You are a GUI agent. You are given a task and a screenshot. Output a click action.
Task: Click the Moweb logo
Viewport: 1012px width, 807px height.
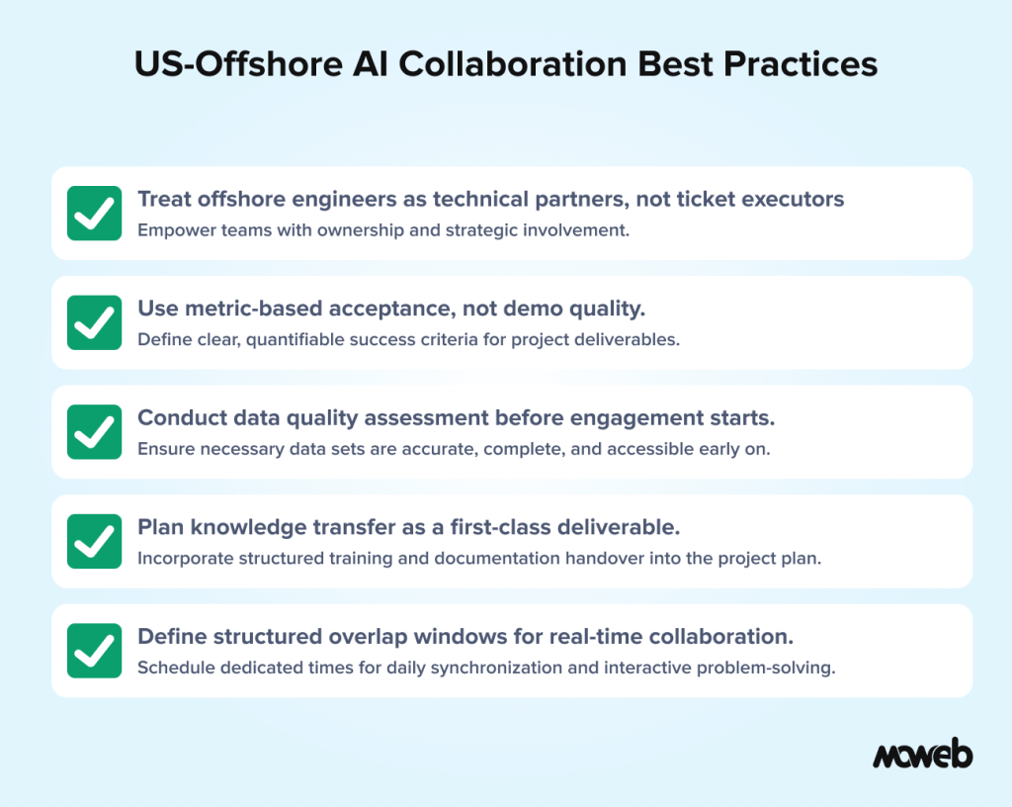[x=922, y=755]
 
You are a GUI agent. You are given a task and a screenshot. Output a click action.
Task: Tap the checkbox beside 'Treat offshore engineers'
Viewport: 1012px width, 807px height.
[x=95, y=213]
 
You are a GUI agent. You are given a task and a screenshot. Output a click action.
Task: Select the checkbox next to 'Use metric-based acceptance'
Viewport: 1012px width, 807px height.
[x=95, y=322]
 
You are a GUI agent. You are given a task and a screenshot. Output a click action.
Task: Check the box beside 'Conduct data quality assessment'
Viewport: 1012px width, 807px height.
[x=95, y=431]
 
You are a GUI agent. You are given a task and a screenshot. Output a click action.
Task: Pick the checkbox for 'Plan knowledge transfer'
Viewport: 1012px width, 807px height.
[x=95, y=541]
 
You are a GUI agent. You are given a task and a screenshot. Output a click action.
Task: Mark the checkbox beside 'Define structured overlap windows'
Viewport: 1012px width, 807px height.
[x=95, y=651]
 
